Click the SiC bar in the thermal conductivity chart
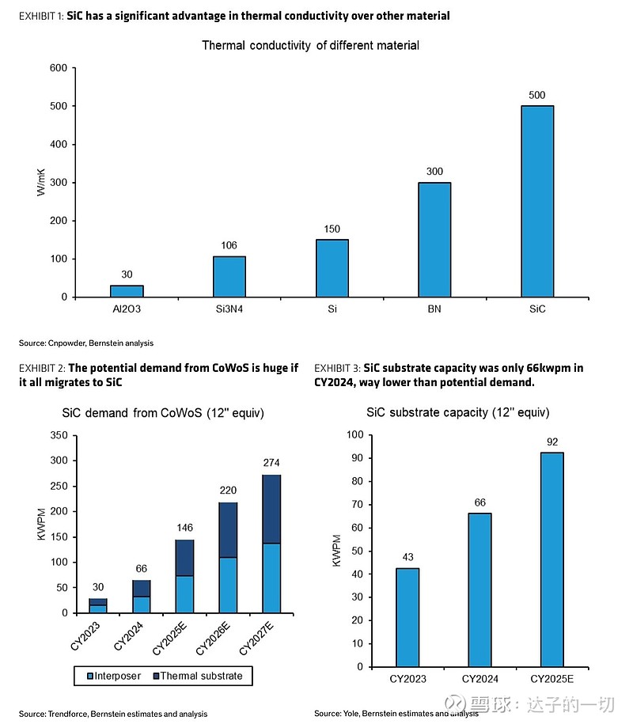[x=536, y=201]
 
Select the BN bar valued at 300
[x=434, y=240]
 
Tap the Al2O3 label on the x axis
[x=127, y=309]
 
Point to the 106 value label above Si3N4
[x=229, y=245]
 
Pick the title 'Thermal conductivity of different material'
[x=310, y=45]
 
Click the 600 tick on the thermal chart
[x=58, y=68]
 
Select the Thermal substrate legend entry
[x=202, y=677]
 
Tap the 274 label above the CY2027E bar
[x=271, y=463]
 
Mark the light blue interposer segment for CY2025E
[x=184, y=594]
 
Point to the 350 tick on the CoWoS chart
[x=59, y=435]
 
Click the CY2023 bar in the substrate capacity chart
[x=407, y=617]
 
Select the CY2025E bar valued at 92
[x=552, y=559]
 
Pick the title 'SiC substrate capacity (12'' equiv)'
[x=457, y=412]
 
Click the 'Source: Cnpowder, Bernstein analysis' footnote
[x=86, y=343]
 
